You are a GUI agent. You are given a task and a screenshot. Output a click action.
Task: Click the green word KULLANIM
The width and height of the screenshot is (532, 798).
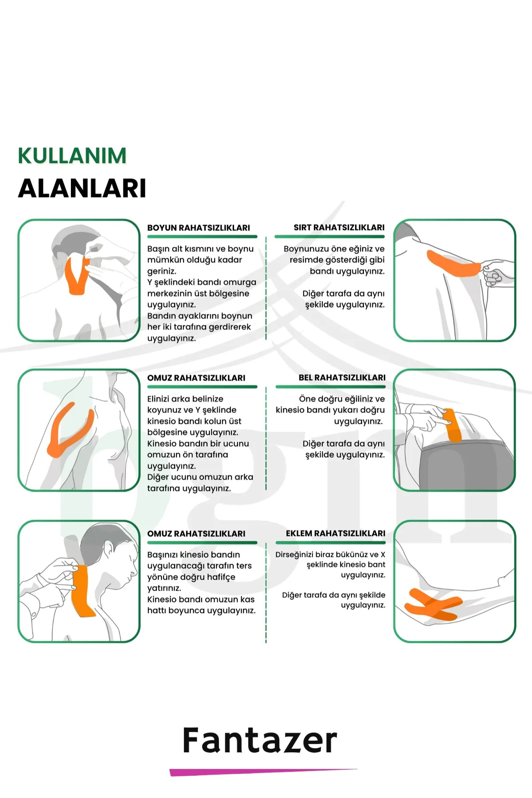pyautogui.click(x=72, y=156)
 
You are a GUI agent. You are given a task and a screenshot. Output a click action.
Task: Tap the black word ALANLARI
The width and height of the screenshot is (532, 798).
pyautogui.click(x=82, y=188)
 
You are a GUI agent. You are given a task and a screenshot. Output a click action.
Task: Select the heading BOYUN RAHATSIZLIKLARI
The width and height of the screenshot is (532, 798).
pyautogui.click(x=199, y=228)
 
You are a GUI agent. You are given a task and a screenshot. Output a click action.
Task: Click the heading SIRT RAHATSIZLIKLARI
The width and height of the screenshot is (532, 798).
pyautogui.click(x=339, y=227)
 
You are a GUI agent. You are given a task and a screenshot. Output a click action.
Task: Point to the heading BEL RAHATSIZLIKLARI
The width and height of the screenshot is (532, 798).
pyautogui.click(x=342, y=378)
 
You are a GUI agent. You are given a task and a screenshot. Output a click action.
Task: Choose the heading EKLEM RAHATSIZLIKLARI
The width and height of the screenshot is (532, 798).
pyautogui.click(x=336, y=533)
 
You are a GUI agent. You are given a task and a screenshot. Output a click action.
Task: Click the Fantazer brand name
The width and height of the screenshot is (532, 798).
pyautogui.click(x=260, y=740)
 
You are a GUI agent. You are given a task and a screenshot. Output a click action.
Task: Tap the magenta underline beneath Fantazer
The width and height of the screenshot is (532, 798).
pyautogui.click(x=263, y=772)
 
